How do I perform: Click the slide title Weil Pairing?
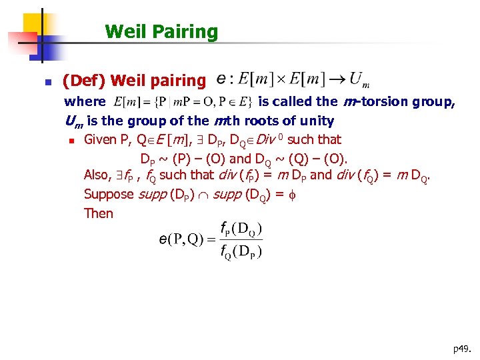[161, 31]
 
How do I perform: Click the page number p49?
[462, 348]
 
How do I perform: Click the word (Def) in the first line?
[84, 81]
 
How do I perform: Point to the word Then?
[99, 213]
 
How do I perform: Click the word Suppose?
[109, 194]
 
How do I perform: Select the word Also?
[97, 175]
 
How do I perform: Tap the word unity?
[314, 121]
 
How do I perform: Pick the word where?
[85, 102]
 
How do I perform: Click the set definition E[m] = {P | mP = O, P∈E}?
[183, 102]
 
